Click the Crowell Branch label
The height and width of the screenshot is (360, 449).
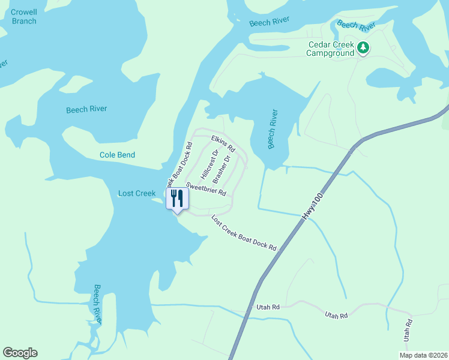(23, 16)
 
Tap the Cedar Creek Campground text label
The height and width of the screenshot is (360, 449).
(330, 49)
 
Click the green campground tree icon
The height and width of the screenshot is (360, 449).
(363, 47)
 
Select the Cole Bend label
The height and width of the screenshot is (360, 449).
(117, 155)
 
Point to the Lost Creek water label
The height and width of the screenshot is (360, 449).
(137, 193)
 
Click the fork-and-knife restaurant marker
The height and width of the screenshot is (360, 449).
(177, 199)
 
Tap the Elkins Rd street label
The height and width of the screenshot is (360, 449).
(223, 143)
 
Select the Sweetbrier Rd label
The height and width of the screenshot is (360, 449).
(206, 189)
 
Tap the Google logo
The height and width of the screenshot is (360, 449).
(20, 353)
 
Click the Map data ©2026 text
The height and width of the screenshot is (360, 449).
(422, 355)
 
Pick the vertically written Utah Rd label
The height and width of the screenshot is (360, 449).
(409, 331)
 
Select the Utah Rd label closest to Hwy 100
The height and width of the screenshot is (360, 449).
(268, 307)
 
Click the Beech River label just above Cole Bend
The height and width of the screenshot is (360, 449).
(86, 109)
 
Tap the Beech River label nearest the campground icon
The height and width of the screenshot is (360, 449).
(356, 25)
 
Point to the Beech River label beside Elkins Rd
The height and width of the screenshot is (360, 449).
(273, 128)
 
